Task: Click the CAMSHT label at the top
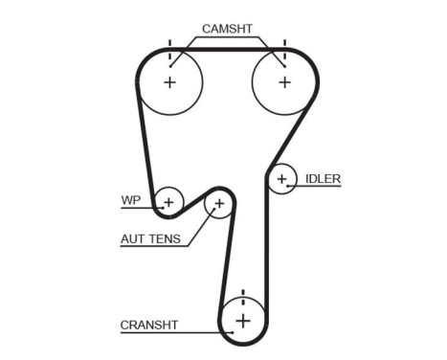tap(229, 29)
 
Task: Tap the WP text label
tap(130, 201)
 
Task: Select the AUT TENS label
tap(151, 239)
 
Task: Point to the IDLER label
tap(323, 178)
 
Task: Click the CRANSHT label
tap(149, 325)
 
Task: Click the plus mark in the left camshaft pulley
tap(170, 82)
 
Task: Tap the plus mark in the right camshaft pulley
tap(283, 82)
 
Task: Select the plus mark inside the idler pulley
tap(281, 178)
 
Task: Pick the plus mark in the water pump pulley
tap(168, 202)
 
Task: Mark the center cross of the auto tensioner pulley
tap(219, 203)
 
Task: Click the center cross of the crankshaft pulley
tap(243, 320)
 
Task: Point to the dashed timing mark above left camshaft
tap(170, 49)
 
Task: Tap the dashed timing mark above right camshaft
tap(283, 49)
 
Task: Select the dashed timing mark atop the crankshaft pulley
tap(243, 296)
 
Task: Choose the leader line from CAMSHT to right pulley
tap(272, 51)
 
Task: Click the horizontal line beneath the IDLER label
tap(316, 186)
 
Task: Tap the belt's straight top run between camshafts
tap(227, 47)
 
